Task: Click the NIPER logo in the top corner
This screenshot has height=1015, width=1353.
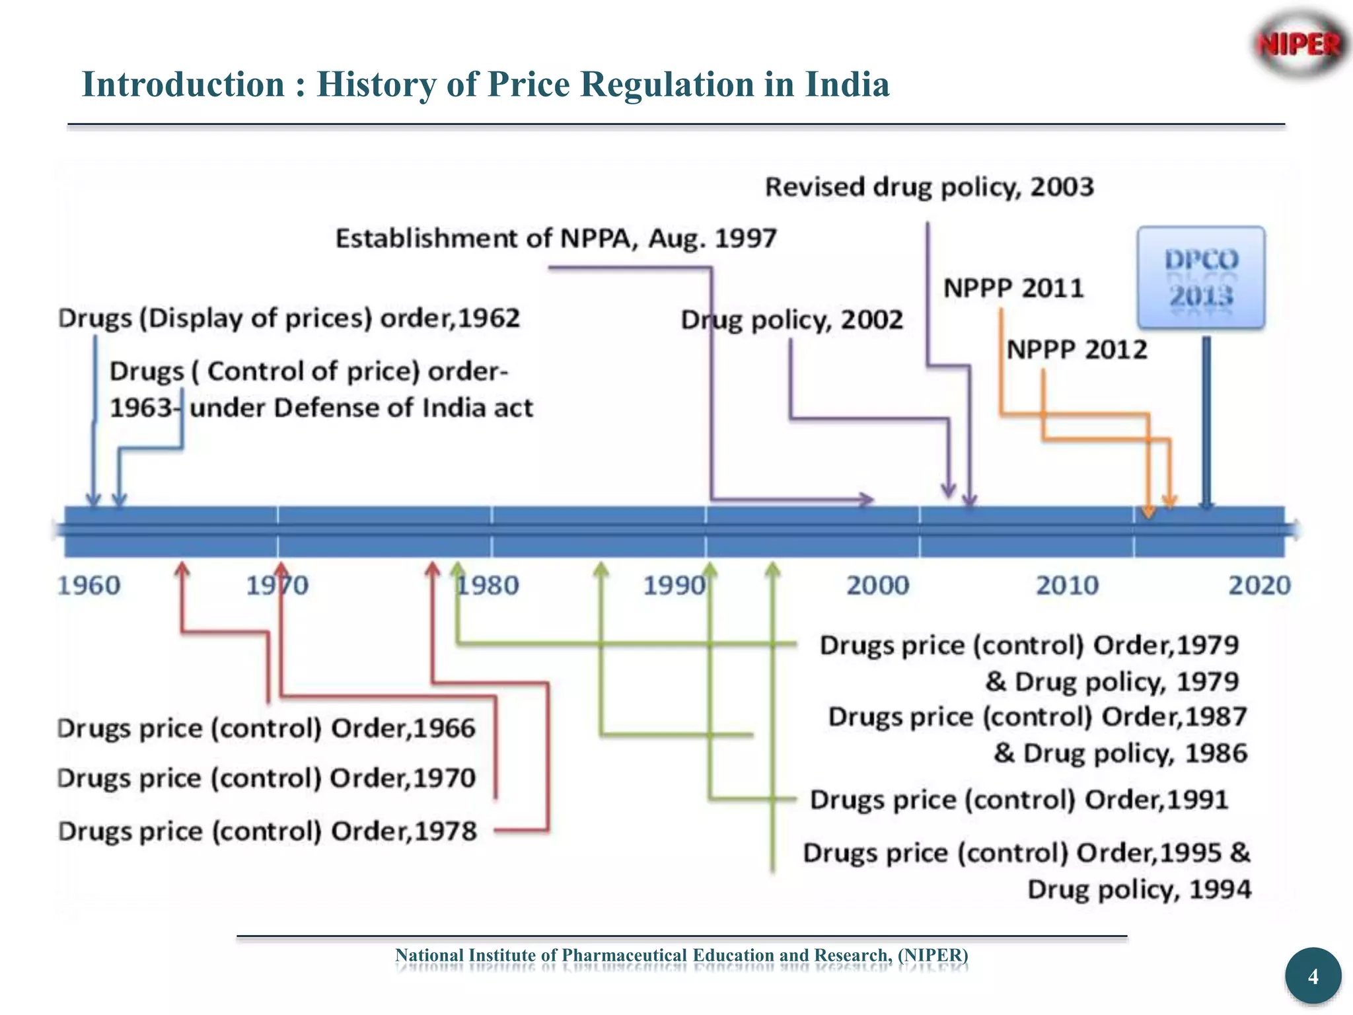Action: tap(1299, 45)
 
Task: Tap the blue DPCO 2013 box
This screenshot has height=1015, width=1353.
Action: tap(1201, 278)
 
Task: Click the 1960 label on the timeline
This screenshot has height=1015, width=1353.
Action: tap(89, 585)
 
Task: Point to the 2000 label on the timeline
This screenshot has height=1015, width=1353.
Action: tap(878, 585)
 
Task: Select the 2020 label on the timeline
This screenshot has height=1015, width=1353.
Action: tap(1259, 585)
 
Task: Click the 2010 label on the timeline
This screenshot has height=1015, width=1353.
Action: tap(1067, 585)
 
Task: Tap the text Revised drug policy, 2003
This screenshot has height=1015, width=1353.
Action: tap(929, 187)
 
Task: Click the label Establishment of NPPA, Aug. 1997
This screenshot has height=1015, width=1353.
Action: tap(556, 239)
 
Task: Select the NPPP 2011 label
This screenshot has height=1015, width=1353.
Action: tap(1013, 288)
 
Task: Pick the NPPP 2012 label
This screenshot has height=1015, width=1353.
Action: tap(1077, 350)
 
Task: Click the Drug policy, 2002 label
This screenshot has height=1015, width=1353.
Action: tap(791, 320)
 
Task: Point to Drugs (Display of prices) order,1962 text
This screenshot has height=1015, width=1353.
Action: tap(289, 319)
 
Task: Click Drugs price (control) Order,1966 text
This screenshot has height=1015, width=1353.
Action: tap(266, 728)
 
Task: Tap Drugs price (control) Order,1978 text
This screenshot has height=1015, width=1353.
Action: tap(267, 831)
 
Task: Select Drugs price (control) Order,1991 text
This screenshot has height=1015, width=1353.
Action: tap(1019, 800)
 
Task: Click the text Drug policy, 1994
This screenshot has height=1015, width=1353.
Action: tap(1139, 889)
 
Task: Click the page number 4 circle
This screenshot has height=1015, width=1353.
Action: tap(1313, 976)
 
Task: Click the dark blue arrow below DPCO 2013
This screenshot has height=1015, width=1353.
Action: tap(1206, 423)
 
